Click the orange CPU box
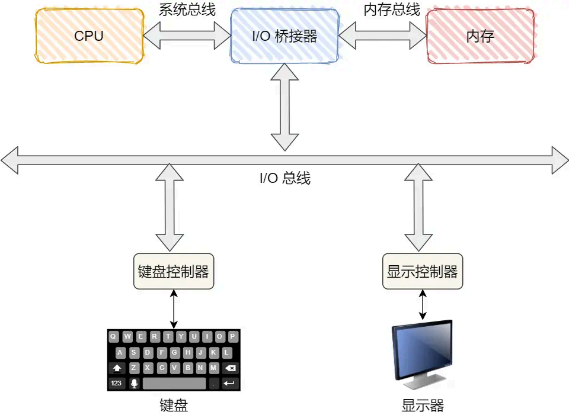pyautogui.click(x=89, y=36)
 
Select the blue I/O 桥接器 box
pyautogui.click(x=284, y=36)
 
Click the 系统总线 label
pyautogui.click(x=187, y=9)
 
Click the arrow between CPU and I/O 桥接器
pyautogui.click(x=187, y=36)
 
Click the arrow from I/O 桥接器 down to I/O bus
pyautogui.click(x=284, y=107)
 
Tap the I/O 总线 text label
pyautogui.click(x=284, y=178)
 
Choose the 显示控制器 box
pyautogui.click(x=422, y=272)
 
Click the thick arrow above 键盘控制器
pyautogui.click(x=170, y=207)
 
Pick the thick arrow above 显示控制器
pyautogui.click(x=418, y=207)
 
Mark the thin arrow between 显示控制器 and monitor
pyautogui.click(x=422, y=305)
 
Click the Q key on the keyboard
pyautogui.click(x=113, y=337)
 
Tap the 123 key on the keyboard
pyautogui.click(x=116, y=384)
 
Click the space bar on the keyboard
pyautogui.click(x=174, y=384)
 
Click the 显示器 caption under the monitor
pyautogui.click(x=422, y=406)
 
